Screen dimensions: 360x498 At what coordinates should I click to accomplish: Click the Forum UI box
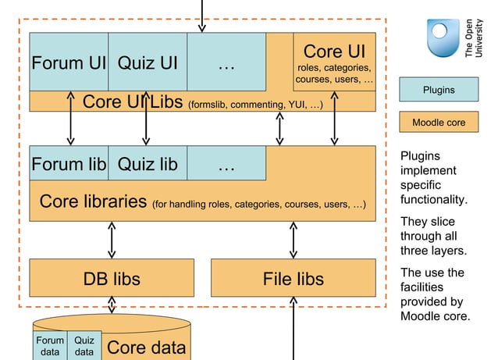tap(69, 62)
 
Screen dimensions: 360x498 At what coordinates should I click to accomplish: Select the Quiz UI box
tap(148, 62)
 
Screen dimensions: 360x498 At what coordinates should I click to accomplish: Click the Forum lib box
tap(69, 164)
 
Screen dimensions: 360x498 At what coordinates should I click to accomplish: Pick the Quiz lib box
tap(148, 164)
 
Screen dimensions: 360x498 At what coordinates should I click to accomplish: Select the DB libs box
tap(112, 278)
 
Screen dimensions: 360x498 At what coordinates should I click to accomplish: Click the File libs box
tap(293, 278)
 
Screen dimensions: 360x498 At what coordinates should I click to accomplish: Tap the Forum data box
tap(50, 346)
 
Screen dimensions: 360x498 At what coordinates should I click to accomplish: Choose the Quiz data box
tap(84, 346)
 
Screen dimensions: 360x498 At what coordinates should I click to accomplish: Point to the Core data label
tap(147, 347)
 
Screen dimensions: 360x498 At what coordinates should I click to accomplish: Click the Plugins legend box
tap(439, 90)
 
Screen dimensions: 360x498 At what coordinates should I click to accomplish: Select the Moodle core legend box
tap(439, 123)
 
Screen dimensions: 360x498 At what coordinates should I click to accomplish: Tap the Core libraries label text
tap(93, 201)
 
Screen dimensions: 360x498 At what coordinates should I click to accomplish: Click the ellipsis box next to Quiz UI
tap(226, 62)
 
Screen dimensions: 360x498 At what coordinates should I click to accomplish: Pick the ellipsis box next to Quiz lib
tap(226, 164)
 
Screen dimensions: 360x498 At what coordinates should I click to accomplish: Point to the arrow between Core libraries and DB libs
tap(112, 240)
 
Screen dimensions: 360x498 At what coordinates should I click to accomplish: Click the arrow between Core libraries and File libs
tap(293, 240)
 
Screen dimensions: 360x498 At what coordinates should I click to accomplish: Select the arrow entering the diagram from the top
tap(202, 14)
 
